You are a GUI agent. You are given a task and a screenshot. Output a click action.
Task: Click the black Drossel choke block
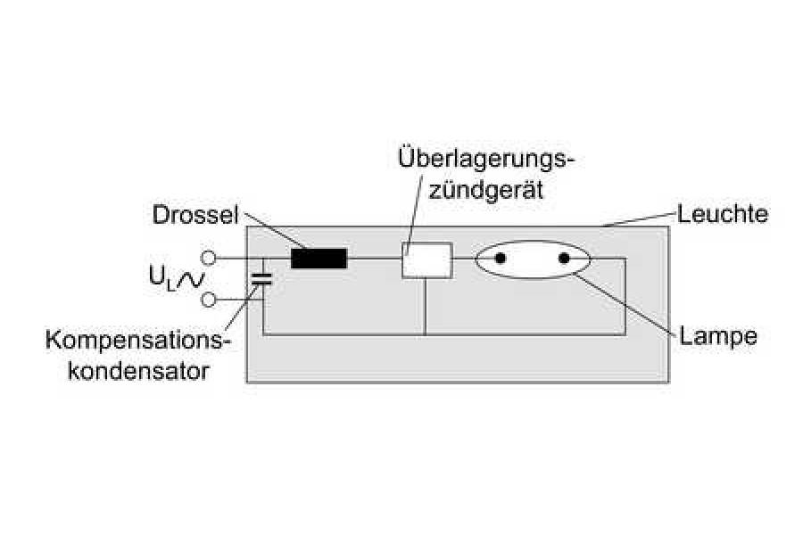tap(319, 259)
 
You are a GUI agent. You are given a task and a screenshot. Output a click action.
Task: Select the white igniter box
tap(426, 259)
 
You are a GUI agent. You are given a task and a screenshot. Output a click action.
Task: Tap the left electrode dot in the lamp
tap(501, 259)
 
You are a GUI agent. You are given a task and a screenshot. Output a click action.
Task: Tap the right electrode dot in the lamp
tap(564, 259)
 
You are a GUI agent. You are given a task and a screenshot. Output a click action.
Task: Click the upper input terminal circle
tap(209, 259)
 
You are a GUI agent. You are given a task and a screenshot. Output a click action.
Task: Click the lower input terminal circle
tap(209, 300)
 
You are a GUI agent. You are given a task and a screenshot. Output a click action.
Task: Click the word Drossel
tap(194, 216)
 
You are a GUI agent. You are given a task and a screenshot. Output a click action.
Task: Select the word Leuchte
tap(723, 215)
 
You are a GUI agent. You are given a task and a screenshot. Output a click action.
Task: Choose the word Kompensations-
tap(137, 342)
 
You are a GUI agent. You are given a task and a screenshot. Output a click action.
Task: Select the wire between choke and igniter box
tap(374, 259)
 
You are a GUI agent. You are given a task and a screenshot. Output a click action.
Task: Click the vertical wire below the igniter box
tap(425, 308)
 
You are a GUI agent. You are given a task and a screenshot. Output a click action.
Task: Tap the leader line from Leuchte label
tap(638, 220)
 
